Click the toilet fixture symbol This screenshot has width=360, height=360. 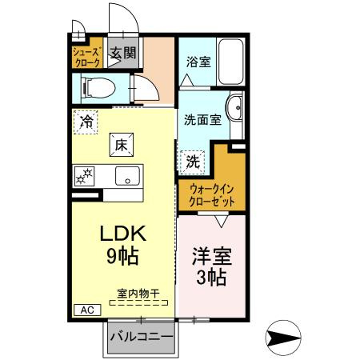pos(98,87)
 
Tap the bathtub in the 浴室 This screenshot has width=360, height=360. pos(231,61)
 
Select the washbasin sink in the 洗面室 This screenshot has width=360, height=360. pos(234,107)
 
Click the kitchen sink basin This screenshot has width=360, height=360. pos(127,176)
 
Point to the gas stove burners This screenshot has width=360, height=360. pos(84,176)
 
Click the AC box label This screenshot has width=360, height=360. pos(87,310)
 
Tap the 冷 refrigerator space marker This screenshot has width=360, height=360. pos(86,122)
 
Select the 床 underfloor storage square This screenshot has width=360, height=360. pos(122,145)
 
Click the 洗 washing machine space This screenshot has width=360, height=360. pos(193,162)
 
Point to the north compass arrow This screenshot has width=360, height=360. pos(283,338)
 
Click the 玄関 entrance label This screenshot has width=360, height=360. pos(123,53)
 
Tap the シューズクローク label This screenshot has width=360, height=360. pos(87,57)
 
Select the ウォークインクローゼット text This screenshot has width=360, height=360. pos(212,196)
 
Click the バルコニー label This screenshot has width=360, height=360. pos(142,337)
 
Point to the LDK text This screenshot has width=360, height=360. pos(123,234)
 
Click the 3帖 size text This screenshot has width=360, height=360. pos(211,278)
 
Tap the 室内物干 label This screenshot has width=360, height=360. pos(138,294)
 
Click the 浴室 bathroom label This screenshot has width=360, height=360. pos(198,62)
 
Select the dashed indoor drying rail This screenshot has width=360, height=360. pos(138,302)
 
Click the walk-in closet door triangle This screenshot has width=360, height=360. pos(222,222)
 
